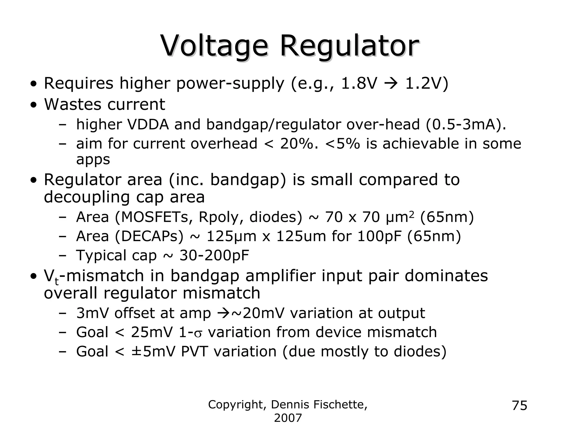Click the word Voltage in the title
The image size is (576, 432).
[214, 46]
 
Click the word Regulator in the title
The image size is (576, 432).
[349, 46]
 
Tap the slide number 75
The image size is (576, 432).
[519, 406]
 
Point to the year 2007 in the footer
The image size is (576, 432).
[288, 418]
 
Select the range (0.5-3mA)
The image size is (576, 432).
[465, 124]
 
